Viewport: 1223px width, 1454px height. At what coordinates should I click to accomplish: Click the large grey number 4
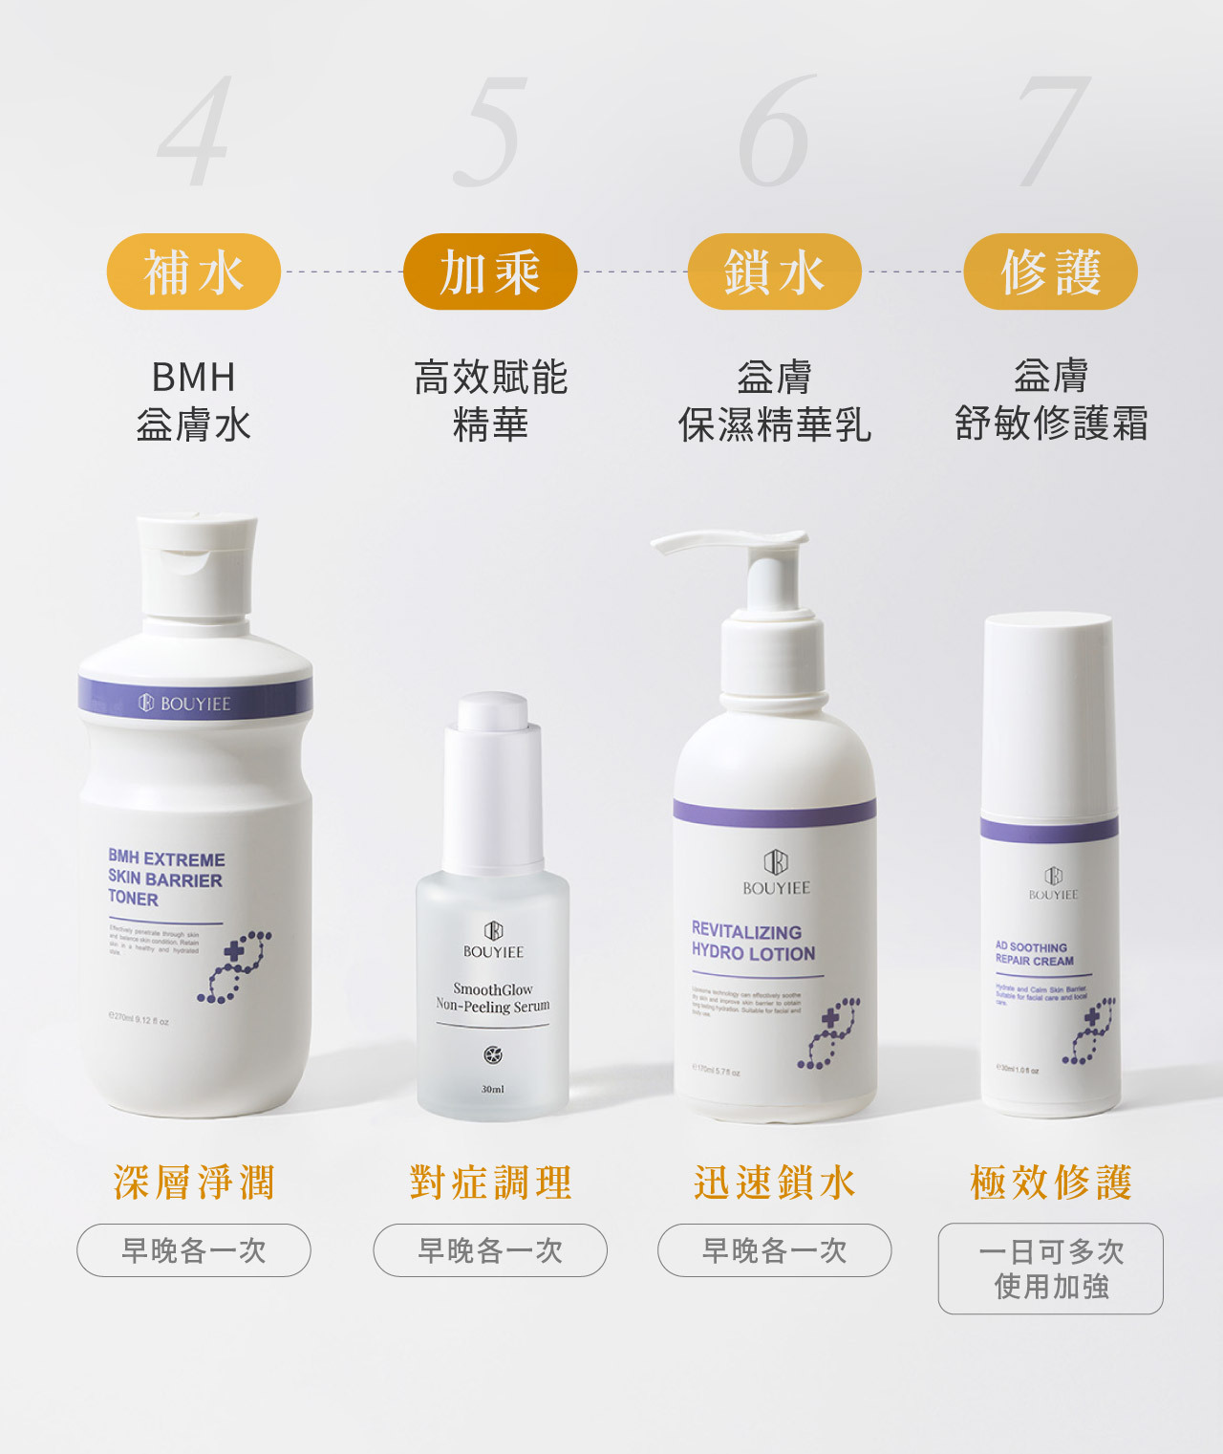pyautogui.click(x=196, y=132)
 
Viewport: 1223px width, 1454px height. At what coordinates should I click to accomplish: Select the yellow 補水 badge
pyautogui.click(x=193, y=271)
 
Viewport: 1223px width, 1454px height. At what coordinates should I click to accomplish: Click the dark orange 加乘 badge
pyautogui.click(x=490, y=271)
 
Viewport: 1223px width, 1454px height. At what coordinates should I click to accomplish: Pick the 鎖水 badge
pyautogui.click(x=774, y=271)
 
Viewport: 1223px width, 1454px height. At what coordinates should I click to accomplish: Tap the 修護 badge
pyautogui.click(x=1050, y=271)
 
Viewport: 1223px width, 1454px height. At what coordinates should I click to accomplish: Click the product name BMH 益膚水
pyautogui.click(x=193, y=401)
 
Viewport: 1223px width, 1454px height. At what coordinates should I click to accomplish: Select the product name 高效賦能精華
pyautogui.click(x=490, y=401)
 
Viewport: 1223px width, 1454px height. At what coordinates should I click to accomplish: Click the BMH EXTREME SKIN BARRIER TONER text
pyautogui.click(x=165, y=879)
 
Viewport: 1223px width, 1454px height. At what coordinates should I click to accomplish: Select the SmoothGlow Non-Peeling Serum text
pyautogui.click(x=492, y=997)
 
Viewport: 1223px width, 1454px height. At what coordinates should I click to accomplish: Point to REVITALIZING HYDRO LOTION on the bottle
pyautogui.click(x=753, y=943)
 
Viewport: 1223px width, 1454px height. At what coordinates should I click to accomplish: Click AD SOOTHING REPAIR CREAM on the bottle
pyautogui.click(x=1034, y=953)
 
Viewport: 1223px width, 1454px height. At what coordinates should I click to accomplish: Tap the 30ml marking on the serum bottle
pyautogui.click(x=492, y=1089)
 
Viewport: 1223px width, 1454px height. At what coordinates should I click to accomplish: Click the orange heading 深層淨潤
pyautogui.click(x=194, y=1183)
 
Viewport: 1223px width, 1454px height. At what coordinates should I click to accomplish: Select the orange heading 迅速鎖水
pyautogui.click(x=774, y=1183)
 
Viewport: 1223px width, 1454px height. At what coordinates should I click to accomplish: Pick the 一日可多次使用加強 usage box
pyautogui.click(x=1050, y=1269)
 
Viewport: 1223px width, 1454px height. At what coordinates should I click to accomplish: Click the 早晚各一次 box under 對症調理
pyautogui.click(x=490, y=1250)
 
